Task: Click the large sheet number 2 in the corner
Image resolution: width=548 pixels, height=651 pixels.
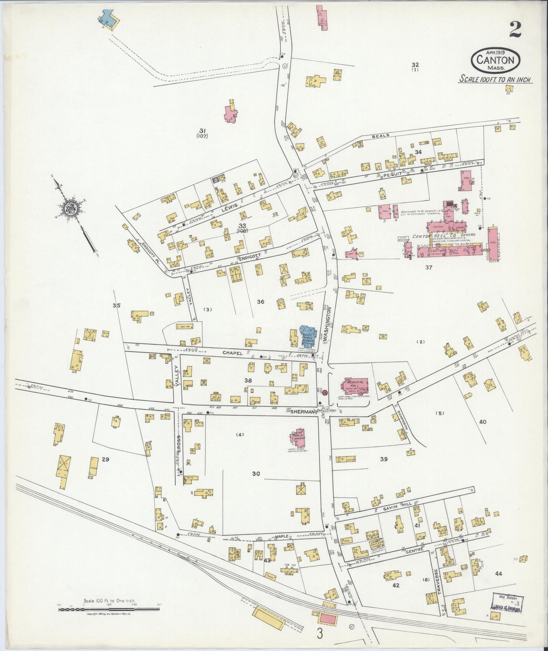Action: coord(515,30)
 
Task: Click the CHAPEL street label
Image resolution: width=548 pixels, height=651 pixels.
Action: coord(232,353)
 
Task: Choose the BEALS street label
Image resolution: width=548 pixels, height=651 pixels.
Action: coord(378,136)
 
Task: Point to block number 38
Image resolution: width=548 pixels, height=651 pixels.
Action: coord(248,380)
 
